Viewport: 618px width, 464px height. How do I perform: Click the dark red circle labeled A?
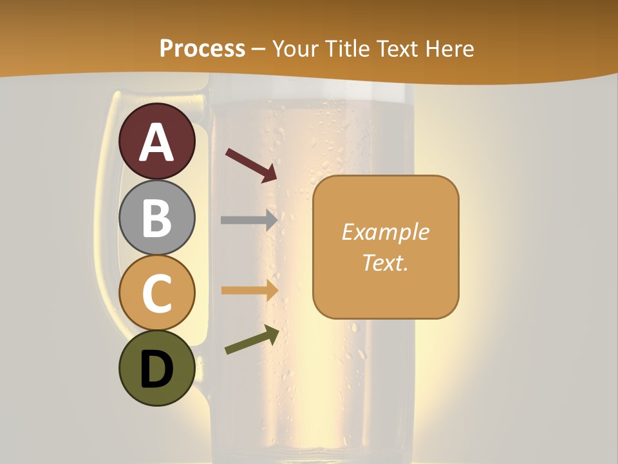coord(156,141)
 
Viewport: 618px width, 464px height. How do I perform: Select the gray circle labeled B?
coord(156,217)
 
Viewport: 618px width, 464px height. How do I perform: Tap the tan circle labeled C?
coord(156,293)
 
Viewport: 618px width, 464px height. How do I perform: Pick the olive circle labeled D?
coord(156,368)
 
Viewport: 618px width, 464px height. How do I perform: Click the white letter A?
coord(156,142)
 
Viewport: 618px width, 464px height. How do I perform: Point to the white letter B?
coord(156,218)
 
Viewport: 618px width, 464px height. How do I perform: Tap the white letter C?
coord(156,293)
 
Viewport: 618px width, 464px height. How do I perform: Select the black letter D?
coord(156,369)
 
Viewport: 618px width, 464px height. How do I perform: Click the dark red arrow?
coord(251,165)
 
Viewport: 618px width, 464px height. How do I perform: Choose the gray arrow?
coord(248,220)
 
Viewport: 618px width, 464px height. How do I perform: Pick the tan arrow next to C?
coord(248,290)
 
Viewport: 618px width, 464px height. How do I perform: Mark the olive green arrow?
coord(252,340)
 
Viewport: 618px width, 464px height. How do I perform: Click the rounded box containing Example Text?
coord(386,247)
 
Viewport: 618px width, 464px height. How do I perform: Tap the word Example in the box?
coord(385,232)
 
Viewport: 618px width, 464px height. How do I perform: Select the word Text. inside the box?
coord(385,262)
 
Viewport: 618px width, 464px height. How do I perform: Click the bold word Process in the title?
coord(202,48)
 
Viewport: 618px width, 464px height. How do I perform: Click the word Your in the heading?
coord(297,48)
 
